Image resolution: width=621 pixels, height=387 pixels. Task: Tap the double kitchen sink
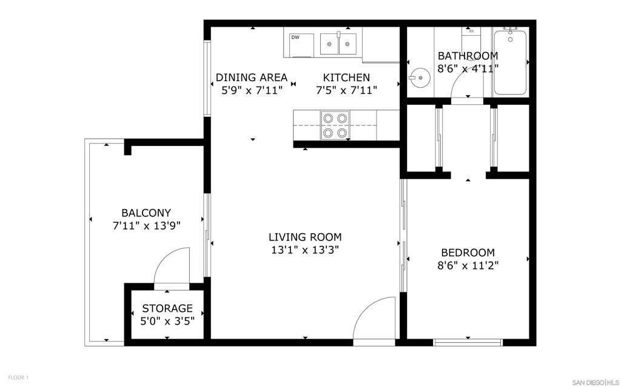point(338,44)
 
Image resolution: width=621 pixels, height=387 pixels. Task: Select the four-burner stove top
point(335,125)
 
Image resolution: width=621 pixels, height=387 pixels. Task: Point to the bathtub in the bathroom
point(510,62)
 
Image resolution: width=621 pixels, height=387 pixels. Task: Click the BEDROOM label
point(467,253)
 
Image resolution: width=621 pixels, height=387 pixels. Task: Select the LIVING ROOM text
point(305,237)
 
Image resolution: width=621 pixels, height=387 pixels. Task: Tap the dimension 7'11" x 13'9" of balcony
point(147,226)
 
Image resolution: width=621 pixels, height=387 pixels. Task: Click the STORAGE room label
point(167,308)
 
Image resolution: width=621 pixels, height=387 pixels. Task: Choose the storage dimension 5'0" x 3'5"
point(167,321)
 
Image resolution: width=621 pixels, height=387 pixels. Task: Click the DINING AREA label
point(251,78)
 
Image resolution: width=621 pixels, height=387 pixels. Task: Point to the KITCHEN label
point(346,78)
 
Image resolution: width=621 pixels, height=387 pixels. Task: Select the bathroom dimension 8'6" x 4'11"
point(468,69)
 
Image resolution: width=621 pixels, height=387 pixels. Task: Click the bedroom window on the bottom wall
point(468,343)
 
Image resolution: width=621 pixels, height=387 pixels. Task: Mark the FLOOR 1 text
point(18,377)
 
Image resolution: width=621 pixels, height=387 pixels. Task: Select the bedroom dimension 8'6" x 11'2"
point(467,265)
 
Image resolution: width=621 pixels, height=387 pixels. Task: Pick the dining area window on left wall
point(207,78)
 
